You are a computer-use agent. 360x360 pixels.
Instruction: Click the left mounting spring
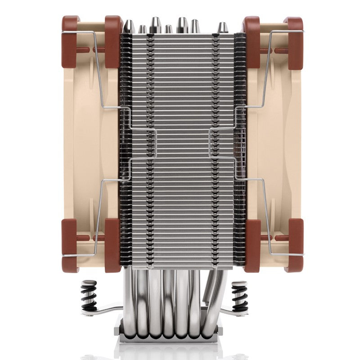click(89, 296)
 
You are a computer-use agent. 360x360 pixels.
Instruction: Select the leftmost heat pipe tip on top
click(129, 27)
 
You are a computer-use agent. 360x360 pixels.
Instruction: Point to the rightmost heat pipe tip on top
click(222, 28)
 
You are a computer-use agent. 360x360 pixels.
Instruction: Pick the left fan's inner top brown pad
click(113, 41)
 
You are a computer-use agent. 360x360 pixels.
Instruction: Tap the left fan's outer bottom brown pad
click(70, 245)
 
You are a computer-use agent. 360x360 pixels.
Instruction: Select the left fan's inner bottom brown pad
click(112, 245)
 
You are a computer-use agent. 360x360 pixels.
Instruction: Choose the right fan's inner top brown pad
click(252, 41)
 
